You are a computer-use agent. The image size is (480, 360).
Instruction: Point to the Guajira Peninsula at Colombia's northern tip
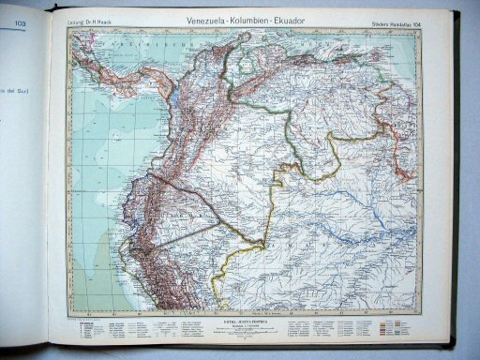point(253,51)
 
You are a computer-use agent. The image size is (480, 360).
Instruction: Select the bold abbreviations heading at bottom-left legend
point(85,321)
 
